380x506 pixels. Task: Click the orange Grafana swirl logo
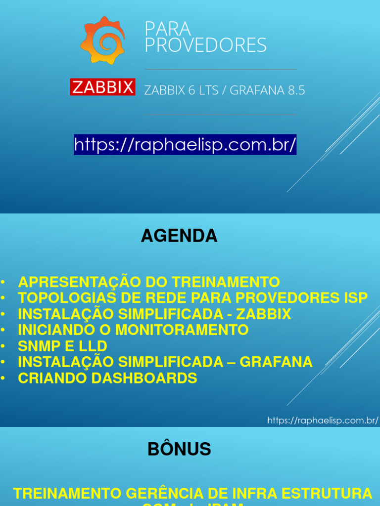[102, 40]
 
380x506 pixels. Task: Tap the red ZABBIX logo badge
[102, 87]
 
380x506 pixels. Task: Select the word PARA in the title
[161, 29]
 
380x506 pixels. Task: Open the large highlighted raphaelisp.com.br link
[185, 145]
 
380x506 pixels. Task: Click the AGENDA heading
[179, 236]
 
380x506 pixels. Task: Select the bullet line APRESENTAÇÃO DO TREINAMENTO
[148, 282]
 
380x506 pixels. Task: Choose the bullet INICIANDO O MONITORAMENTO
[133, 330]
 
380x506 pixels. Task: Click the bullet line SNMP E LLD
[62, 346]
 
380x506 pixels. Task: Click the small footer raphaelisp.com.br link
[323, 421]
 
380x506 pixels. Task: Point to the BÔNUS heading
[179, 449]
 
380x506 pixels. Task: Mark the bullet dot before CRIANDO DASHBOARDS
[3, 378]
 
